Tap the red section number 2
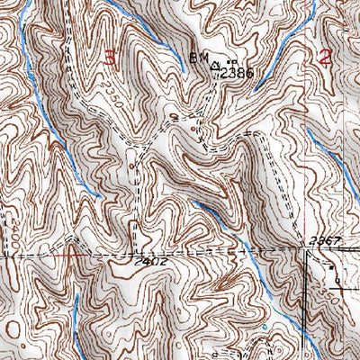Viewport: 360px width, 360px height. [x=324, y=58]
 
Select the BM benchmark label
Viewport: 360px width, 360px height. [x=197, y=58]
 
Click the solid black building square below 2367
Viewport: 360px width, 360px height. [x=329, y=267]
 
